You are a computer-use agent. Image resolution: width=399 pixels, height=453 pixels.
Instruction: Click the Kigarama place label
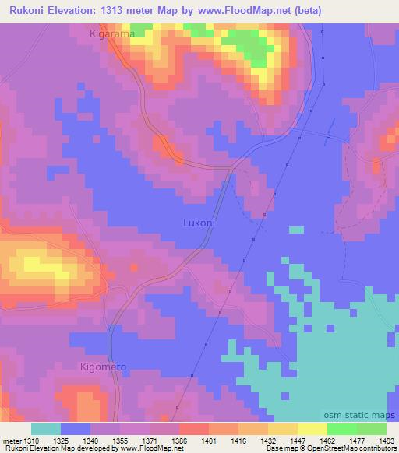point(112,35)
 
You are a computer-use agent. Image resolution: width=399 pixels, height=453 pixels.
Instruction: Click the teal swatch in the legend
point(46,429)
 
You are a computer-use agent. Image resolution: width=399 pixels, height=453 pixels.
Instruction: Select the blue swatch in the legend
point(76,429)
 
